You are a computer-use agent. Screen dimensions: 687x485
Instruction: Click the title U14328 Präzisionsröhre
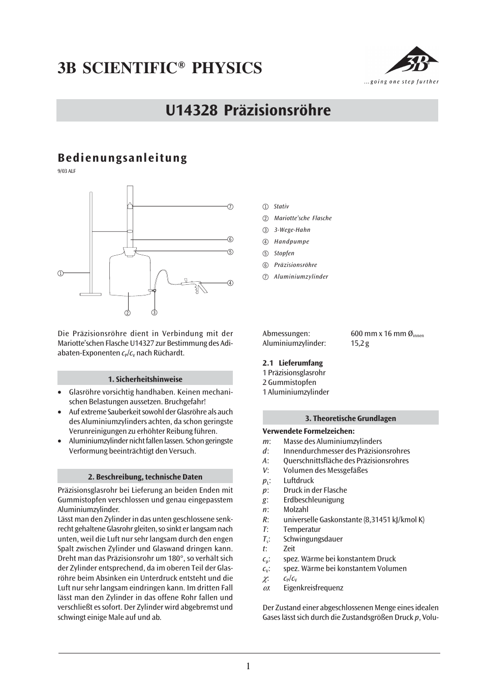click(x=248, y=110)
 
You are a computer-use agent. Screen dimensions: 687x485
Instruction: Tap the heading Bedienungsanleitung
click(x=123, y=158)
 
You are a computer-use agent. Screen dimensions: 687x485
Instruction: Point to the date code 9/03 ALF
click(x=67, y=171)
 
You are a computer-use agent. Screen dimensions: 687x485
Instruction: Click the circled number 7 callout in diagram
click(x=230, y=206)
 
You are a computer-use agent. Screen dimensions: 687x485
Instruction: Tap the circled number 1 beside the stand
click(x=60, y=274)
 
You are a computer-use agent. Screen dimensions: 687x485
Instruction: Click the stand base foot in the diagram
click(x=91, y=293)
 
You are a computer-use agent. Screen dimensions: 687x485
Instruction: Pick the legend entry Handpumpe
click(x=291, y=242)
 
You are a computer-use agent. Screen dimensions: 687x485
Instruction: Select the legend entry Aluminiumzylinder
click(x=301, y=277)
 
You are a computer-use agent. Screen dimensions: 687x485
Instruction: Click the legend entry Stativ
click(x=281, y=206)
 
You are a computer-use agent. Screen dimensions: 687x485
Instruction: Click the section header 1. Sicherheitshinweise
click(x=145, y=379)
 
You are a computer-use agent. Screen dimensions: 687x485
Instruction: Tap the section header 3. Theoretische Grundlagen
click(x=350, y=418)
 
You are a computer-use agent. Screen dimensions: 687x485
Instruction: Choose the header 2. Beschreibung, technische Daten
click(x=145, y=476)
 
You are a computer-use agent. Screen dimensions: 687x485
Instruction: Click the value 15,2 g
click(x=360, y=343)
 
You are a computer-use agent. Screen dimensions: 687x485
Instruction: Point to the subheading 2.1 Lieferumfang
click(x=292, y=363)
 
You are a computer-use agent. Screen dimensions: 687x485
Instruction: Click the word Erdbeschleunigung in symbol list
click(x=314, y=500)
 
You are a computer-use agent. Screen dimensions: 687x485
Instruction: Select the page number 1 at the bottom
click(x=248, y=666)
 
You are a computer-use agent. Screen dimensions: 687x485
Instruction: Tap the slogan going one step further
click(x=401, y=82)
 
